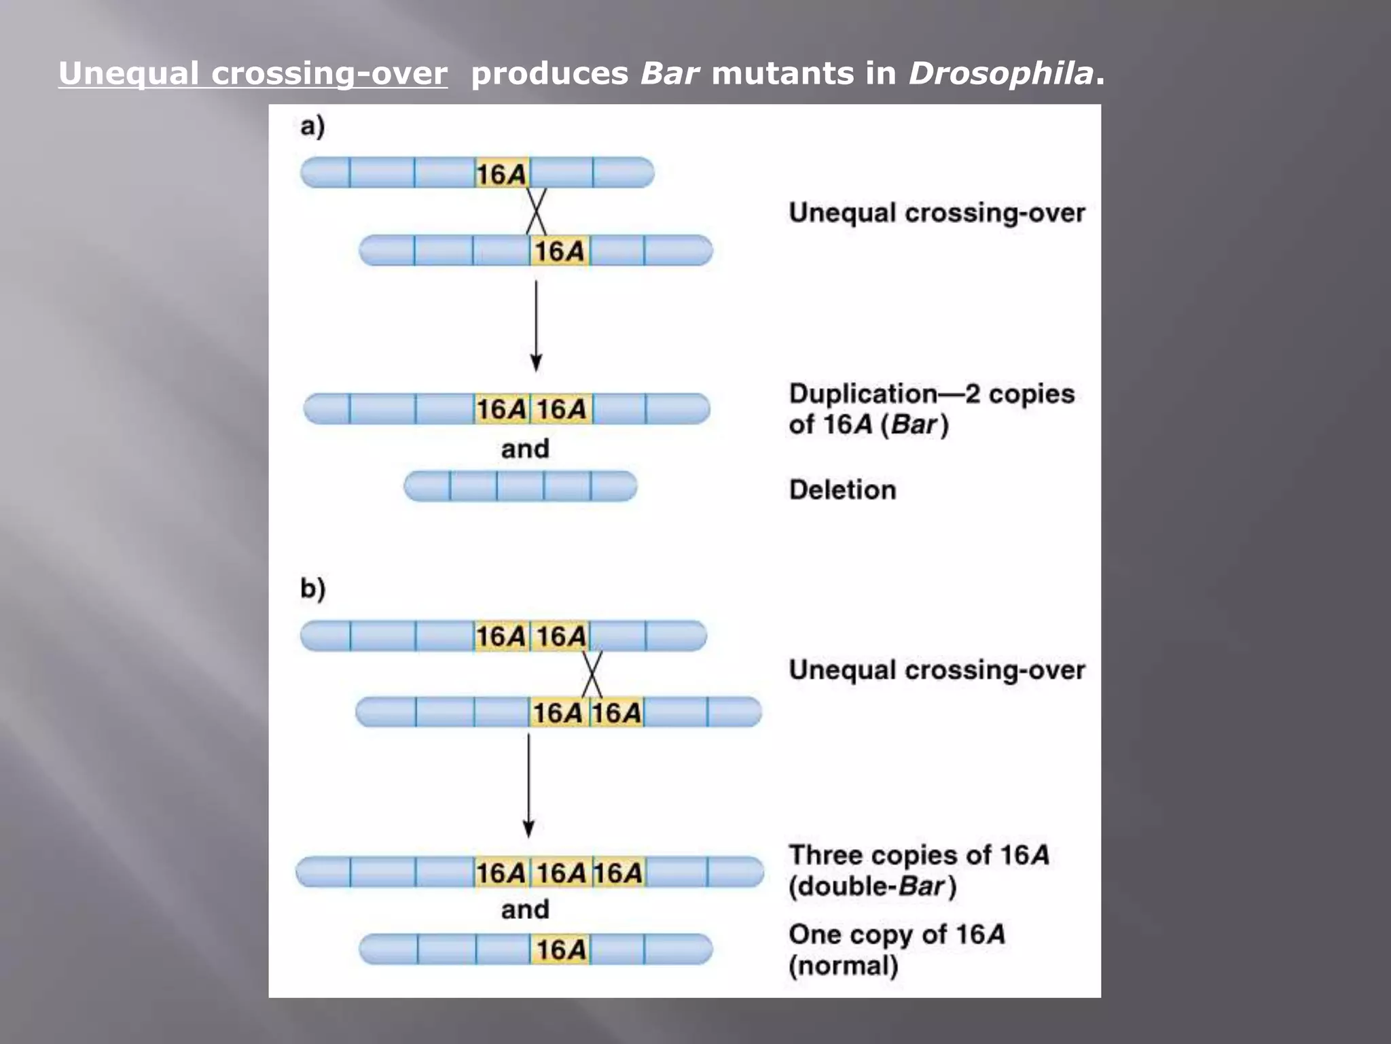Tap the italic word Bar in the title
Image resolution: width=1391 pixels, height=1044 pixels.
point(669,73)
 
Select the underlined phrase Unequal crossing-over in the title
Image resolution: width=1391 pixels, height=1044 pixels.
point(253,73)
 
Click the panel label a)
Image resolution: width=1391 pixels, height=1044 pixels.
point(312,126)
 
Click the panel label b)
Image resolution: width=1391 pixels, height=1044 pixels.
point(312,588)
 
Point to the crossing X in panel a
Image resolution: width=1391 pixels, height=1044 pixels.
point(536,211)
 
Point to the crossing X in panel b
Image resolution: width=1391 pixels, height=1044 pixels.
point(592,673)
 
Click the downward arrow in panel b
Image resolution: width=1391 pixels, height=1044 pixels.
point(528,785)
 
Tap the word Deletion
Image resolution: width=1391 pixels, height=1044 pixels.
point(842,490)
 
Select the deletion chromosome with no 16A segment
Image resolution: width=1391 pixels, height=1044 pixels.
point(520,487)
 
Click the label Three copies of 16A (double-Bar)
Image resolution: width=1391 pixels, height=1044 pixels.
point(918,871)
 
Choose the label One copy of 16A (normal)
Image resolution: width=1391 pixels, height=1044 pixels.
point(897,950)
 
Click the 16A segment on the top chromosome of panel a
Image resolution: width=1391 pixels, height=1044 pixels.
point(502,174)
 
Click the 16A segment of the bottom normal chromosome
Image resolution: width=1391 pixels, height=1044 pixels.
point(560,950)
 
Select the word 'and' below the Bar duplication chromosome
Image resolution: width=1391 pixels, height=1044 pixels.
point(525,449)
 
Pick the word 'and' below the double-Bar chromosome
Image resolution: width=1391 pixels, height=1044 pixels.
point(525,909)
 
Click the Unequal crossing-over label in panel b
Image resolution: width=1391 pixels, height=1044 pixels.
point(937,670)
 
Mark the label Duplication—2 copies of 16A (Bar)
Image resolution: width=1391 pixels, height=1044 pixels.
point(931,409)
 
